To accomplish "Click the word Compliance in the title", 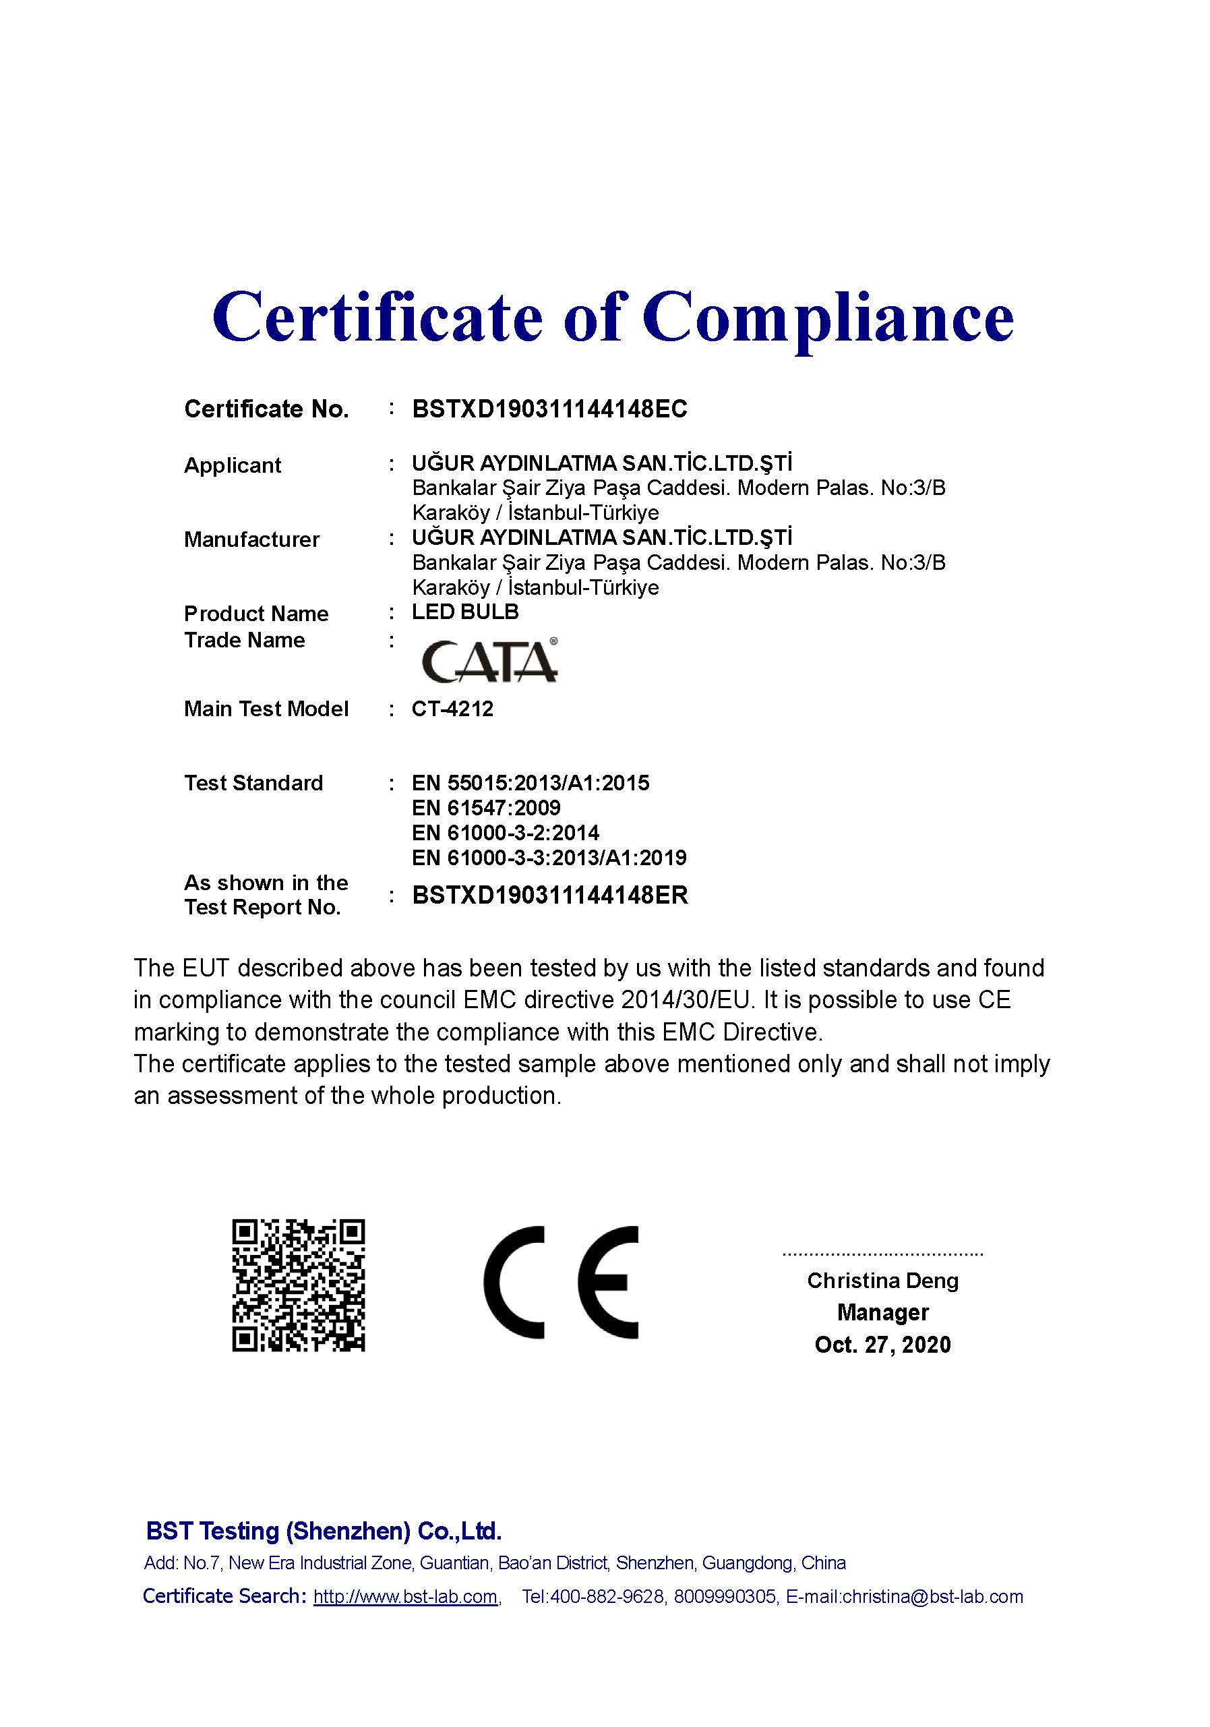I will click(827, 318).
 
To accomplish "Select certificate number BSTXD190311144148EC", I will click(549, 409).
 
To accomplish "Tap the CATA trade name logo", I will click(489, 660).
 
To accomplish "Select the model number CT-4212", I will click(452, 709).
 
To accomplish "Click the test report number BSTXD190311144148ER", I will click(550, 895).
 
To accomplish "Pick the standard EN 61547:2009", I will click(486, 808).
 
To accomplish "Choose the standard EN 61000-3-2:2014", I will click(506, 833).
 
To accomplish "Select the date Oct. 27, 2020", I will click(882, 1344).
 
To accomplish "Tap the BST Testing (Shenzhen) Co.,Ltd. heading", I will click(324, 1531).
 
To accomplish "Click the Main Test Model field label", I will click(266, 709).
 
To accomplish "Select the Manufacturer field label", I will click(252, 539).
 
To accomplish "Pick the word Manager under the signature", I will click(883, 1312).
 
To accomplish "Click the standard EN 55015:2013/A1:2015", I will click(530, 783).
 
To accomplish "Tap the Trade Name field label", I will click(245, 640).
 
